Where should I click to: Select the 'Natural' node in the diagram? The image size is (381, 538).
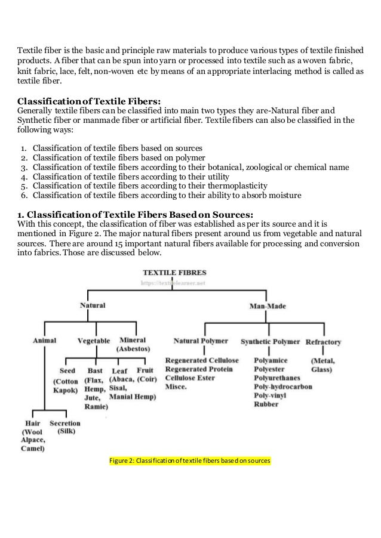(x=93, y=305)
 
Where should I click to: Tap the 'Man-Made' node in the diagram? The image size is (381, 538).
(x=267, y=307)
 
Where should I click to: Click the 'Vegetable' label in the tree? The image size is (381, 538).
(x=94, y=341)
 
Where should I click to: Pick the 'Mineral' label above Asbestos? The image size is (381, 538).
(x=133, y=340)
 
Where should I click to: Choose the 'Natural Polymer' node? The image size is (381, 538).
(x=201, y=341)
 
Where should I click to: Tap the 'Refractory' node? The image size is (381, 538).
(x=323, y=342)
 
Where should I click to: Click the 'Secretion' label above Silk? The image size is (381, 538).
(x=64, y=423)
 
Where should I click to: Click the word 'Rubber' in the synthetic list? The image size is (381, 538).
(x=265, y=404)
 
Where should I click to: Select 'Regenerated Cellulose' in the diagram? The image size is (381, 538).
(x=202, y=361)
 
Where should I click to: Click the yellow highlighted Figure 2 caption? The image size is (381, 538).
(x=190, y=461)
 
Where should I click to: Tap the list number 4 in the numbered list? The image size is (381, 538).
(x=23, y=177)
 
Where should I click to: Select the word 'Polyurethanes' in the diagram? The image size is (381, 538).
(x=278, y=379)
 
